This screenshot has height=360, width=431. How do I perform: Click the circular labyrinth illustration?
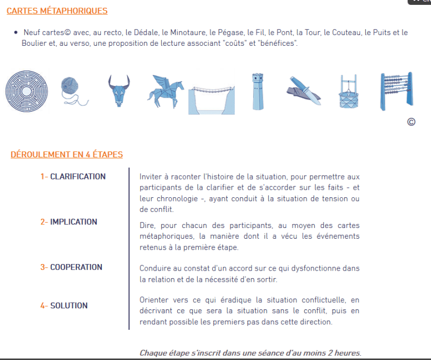pyautogui.click(x=26, y=91)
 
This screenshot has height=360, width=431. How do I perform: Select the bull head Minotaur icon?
pyautogui.click(x=119, y=91)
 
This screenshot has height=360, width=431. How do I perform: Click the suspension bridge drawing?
pyautogui.click(x=212, y=100)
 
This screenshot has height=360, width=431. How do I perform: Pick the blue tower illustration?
pyautogui.click(x=258, y=92)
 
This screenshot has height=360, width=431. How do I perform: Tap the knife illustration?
pyautogui.click(x=304, y=91)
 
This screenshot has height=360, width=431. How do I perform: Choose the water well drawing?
pyautogui.click(x=349, y=92)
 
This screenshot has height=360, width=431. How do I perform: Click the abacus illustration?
pyautogui.click(x=397, y=91)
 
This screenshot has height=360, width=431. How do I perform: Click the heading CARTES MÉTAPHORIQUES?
pyautogui.click(x=57, y=11)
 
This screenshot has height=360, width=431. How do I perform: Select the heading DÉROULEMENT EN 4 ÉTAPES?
pyautogui.click(x=67, y=155)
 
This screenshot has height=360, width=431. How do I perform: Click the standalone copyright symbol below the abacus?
pyautogui.click(x=411, y=122)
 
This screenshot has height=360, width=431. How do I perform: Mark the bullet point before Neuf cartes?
pyautogui.click(x=16, y=32)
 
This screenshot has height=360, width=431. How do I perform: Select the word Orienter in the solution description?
pyautogui.click(x=150, y=300)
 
